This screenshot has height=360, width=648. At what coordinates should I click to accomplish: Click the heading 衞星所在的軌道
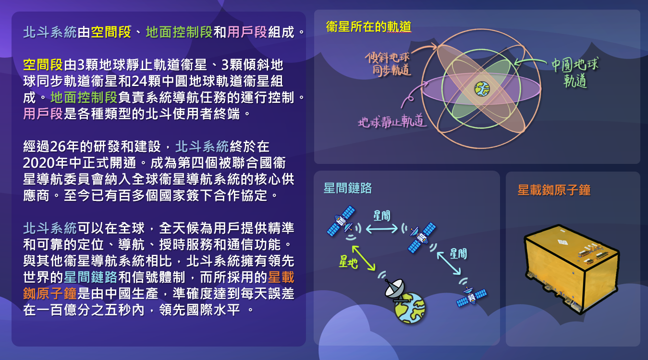point(368,27)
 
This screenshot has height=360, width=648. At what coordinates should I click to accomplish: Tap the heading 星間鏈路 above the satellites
point(347,188)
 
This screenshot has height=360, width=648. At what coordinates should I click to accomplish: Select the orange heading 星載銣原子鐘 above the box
point(554,190)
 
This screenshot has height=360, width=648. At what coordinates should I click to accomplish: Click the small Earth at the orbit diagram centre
point(482,88)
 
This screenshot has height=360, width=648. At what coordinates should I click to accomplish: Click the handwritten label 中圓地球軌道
point(575,73)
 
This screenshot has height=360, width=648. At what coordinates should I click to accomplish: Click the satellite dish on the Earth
point(395,290)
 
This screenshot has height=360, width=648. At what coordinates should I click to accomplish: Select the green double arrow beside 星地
point(363,258)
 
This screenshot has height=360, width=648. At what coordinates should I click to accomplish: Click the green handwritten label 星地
point(348,262)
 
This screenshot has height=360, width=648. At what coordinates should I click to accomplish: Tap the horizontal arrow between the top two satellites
point(382,229)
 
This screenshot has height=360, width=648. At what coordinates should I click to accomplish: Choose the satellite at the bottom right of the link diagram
point(471,297)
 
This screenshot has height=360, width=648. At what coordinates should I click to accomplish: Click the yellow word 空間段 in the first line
point(111,32)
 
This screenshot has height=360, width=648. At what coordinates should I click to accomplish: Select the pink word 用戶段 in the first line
point(247,32)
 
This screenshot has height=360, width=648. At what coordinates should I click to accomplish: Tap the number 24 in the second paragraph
point(139,81)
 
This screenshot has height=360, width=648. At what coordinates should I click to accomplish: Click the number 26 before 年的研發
point(58,147)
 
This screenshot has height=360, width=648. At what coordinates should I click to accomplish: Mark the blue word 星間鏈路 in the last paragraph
point(90,277)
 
